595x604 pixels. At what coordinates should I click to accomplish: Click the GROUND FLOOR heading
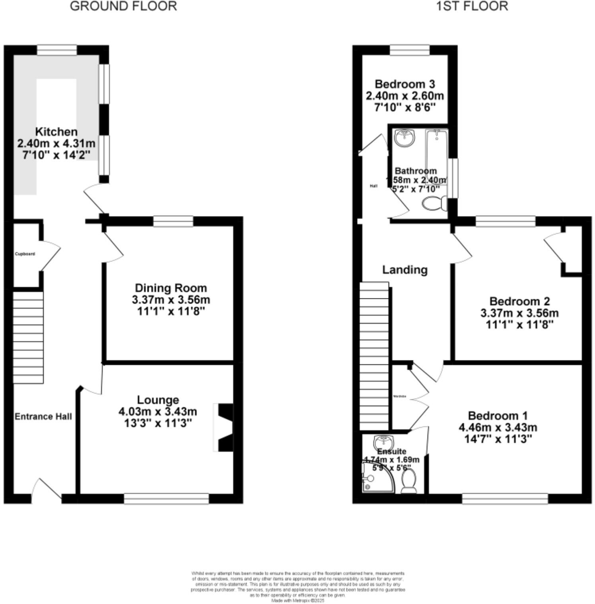123,6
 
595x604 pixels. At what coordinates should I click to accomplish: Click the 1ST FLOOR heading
472,6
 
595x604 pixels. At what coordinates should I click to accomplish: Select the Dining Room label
171,288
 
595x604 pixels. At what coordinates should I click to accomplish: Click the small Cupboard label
25,254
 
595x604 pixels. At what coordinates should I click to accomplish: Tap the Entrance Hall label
43,416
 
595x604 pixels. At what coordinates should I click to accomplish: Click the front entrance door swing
47,488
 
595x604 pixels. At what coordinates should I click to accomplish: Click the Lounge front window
166,499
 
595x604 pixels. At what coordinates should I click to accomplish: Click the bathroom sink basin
404,138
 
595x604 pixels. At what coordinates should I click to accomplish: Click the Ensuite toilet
409,481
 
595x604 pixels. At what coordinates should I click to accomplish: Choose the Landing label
405,270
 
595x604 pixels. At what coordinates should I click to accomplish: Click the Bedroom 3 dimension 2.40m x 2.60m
405,96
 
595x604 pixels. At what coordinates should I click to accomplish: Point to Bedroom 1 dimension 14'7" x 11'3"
498,439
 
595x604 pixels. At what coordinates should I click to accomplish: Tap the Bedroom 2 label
519,301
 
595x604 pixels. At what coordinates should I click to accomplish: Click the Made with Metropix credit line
298,601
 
